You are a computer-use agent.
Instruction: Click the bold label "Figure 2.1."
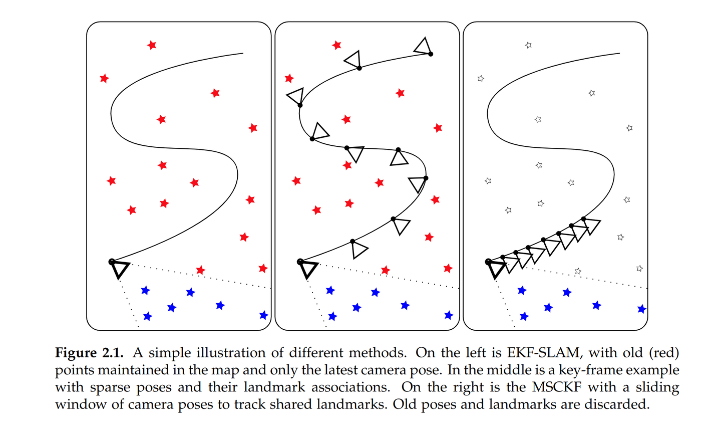tap(89, 353)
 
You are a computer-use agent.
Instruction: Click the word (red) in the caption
tap(664, 353)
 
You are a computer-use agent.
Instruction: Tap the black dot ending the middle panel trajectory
tap(431, 54)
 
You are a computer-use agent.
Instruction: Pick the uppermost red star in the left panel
tap(152, 45)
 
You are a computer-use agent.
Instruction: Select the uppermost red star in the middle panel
tap(336, 45)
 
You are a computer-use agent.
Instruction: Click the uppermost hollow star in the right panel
tap(528, 45)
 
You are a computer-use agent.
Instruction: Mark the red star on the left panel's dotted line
tap(200, 270)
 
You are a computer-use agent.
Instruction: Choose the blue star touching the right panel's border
tap(641, 309)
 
